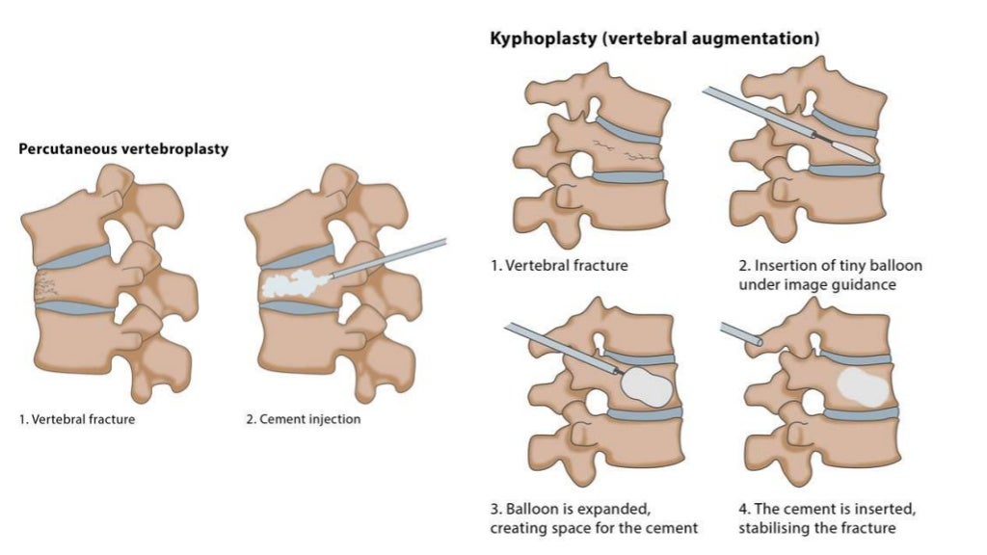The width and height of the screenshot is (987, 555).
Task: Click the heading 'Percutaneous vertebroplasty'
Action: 123,149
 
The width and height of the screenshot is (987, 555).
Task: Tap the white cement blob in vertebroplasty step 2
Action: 294,283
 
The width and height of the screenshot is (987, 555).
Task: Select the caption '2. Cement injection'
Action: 304,419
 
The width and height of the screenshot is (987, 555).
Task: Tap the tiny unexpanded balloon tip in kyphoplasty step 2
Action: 854,150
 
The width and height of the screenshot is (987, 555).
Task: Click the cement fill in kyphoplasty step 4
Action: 862,385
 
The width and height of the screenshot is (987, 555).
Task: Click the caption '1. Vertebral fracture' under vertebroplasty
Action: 77,419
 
